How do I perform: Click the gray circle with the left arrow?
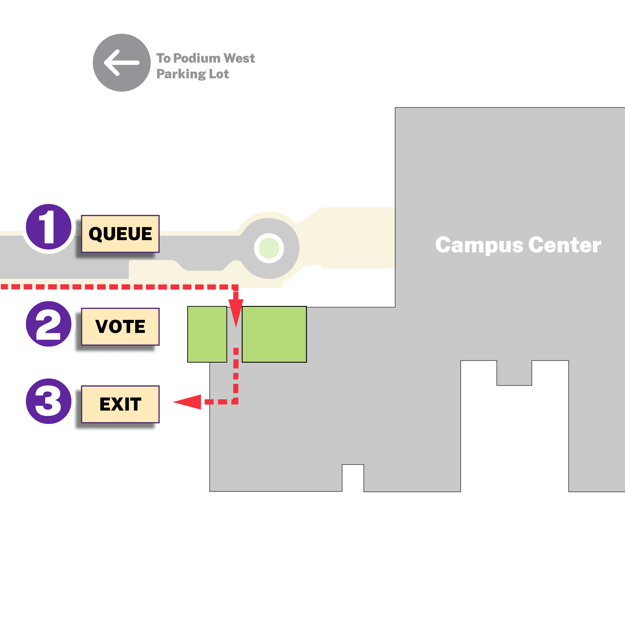pos(122,63)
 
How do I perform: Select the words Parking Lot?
pos(192,74)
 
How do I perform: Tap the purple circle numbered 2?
pos(48,324)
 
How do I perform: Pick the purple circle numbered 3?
pos(48,401)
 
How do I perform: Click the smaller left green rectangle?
pos(207,334)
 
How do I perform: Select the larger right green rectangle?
pos(274,334)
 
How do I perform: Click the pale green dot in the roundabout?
pos(269,248)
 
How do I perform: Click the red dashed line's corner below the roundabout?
pos(236,287)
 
